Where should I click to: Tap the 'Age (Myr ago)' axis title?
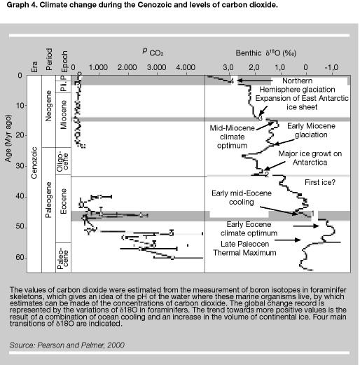(x=8, y=138)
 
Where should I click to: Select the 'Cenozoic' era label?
(x=34, y=163)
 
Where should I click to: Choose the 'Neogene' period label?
(x=48, y=106)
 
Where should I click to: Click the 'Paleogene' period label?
(x=48, y=200)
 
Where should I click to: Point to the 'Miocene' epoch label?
(x=63, y=115)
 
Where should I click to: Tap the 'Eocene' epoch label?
(x=63, y=201)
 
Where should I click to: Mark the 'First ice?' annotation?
(x=320, y=182)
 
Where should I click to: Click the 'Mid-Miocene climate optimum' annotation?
(x=232, y=137)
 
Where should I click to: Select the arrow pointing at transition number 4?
(x=255, y=81)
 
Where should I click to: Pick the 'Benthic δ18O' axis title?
(x=265, y=53)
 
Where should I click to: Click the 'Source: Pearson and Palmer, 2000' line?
(x=67, y=345)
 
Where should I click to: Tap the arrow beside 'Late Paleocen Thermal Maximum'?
(x=288, y=240)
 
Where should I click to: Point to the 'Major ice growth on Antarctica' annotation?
(x=310, y=158)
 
